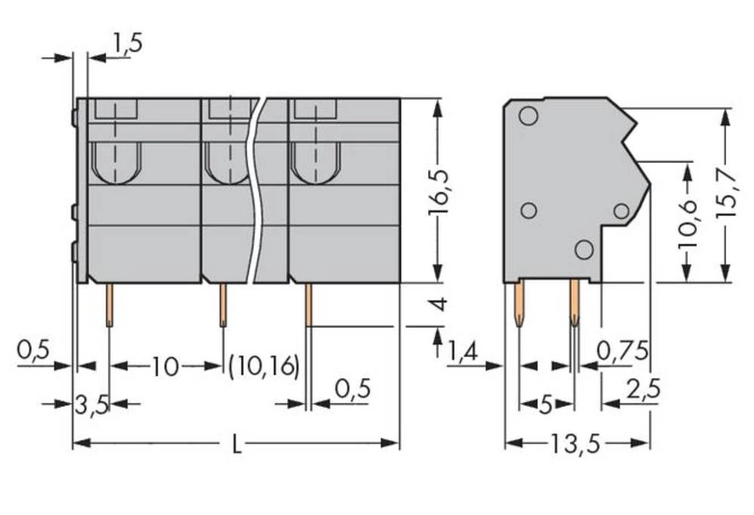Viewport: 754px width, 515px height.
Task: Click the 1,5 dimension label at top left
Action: (127, 43)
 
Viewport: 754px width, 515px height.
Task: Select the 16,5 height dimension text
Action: (438, 192)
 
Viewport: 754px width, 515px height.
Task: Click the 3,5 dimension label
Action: (92, 406)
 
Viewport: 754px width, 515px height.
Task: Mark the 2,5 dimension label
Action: (642, 390)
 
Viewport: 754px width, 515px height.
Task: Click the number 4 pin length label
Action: (438, 305)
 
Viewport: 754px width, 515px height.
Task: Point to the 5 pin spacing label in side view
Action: (546, 406)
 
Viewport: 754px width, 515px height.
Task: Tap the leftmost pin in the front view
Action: (109, 304)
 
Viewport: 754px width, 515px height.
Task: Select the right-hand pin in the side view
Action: (575, 302)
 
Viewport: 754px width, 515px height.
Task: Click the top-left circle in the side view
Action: (529, 116)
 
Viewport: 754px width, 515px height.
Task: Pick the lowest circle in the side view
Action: (584, 248)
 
